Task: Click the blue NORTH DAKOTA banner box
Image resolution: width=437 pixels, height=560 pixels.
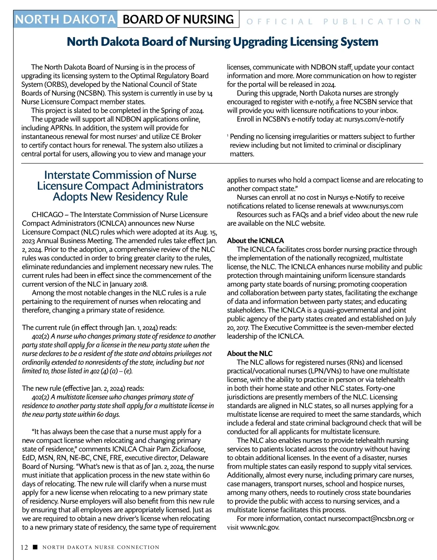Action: click(66, 19)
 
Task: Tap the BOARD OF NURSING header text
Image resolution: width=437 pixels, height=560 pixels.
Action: click(178, 19)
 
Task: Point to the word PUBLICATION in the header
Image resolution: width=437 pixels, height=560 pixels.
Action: click(372, 21)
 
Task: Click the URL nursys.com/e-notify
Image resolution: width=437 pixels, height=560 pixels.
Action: click(374, 119)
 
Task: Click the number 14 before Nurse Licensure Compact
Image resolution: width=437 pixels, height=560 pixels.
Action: click(209, 93)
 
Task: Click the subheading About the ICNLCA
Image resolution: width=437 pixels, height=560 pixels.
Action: click(255, 241)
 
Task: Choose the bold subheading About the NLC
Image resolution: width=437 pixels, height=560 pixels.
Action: click(249, 353)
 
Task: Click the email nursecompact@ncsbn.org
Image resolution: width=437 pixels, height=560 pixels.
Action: click(367, 519)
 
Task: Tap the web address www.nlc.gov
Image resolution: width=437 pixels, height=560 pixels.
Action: click(260, 527)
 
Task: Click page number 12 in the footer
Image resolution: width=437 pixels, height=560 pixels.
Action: click(24, 547)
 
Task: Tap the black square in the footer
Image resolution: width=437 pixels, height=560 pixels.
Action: click(35, 547)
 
